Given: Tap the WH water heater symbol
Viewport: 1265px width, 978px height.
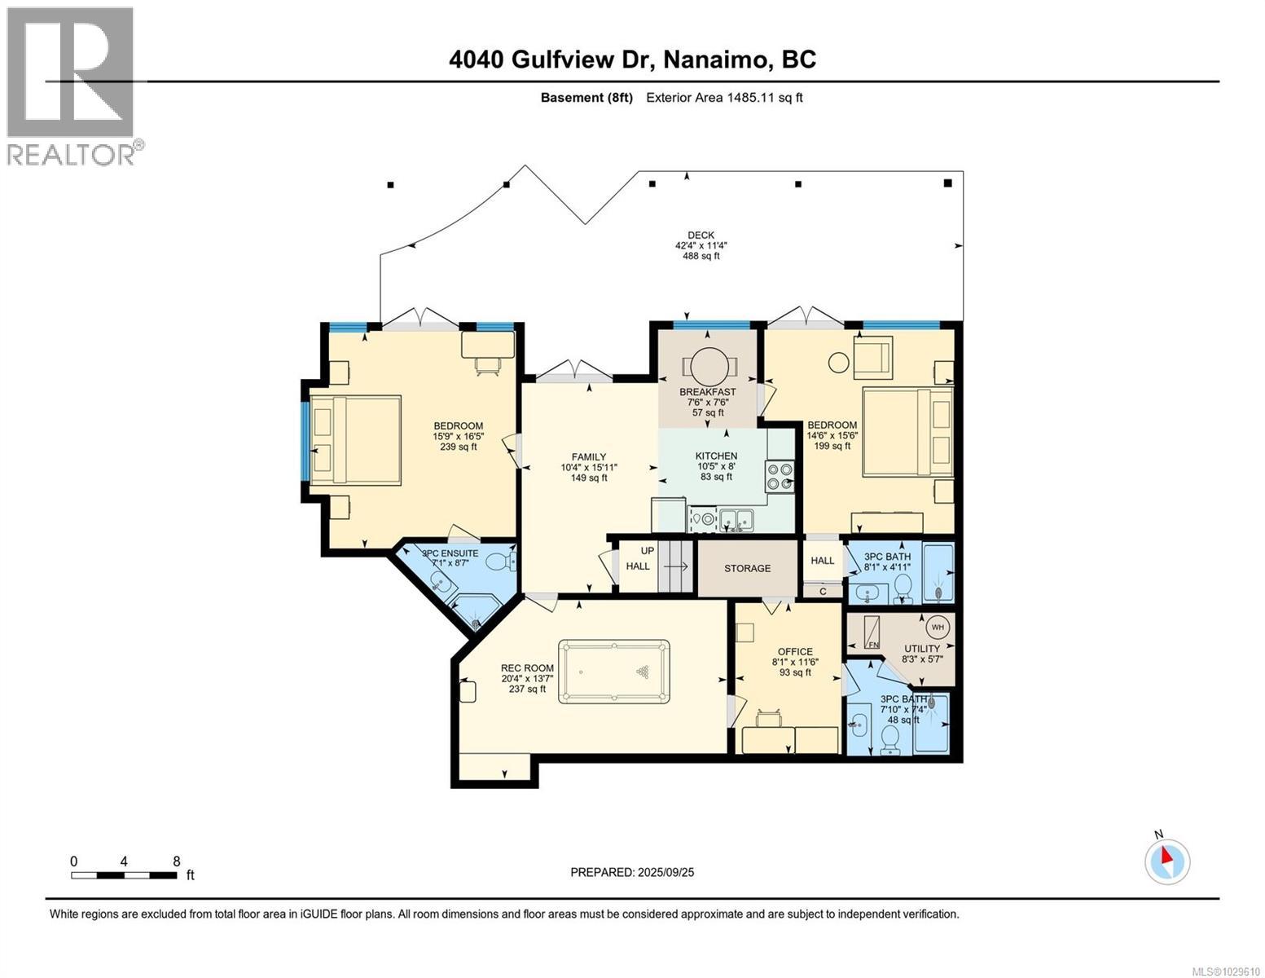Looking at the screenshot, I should tap(937, 627).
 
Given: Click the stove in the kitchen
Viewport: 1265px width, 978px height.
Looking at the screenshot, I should tap(779, 476).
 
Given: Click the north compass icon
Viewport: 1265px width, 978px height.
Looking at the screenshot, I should tap(1167, 861).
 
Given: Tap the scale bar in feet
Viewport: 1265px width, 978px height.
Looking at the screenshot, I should tap(124, 875).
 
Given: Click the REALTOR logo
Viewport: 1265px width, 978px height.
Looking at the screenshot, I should tap(71, 86).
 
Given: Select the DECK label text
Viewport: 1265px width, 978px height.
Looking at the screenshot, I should tap(701, 236).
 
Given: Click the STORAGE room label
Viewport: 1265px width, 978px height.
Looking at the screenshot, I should tap(747, 568).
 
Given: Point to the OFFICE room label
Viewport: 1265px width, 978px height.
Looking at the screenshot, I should tap(795, 651).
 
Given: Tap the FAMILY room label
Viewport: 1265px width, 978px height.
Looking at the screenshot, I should tap(589, 457).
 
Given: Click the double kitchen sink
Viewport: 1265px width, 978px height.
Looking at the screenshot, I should tap(741, 518).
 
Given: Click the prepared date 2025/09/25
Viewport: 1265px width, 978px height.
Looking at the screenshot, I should tap(632, 872).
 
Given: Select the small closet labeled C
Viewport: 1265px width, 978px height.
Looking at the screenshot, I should tap(823, 592).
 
